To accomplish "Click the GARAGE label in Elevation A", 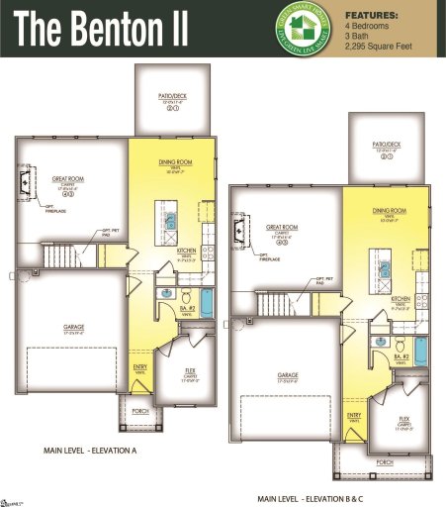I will coord(73,327).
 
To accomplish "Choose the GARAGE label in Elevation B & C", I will coord(288,374).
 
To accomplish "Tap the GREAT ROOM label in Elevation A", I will coord(68,179).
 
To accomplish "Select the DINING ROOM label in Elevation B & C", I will coord(389,211).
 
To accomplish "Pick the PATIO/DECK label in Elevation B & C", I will coord(386,144).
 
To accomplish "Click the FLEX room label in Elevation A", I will coord(190,371).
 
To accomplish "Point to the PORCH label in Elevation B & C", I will coord(386,461).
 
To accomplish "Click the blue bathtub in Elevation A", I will coord(207,302).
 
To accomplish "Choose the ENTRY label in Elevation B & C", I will coord(354,415).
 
